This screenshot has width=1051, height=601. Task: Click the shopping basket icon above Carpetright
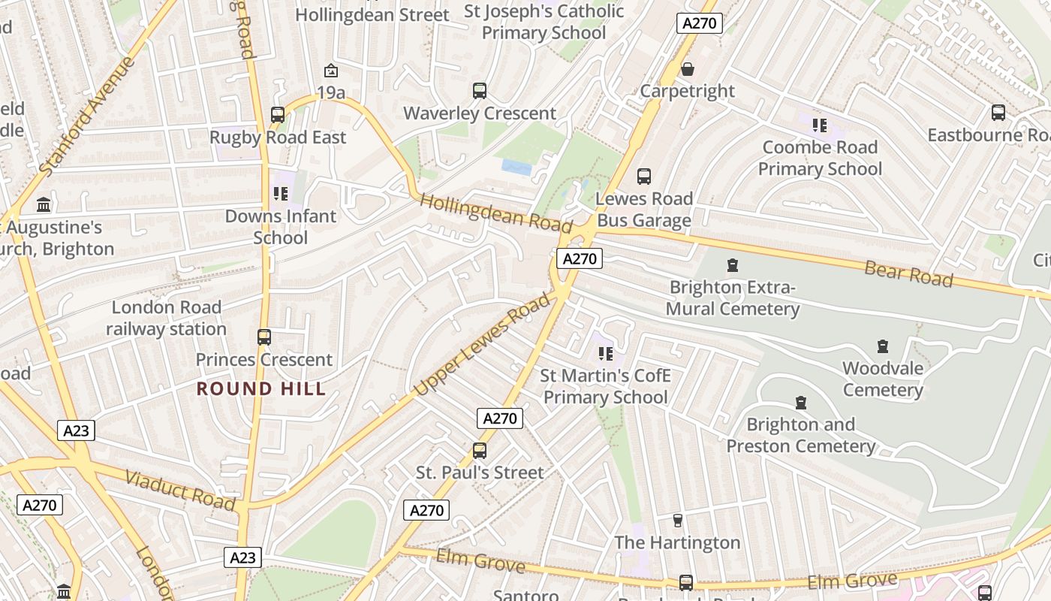click(x=687, y=70)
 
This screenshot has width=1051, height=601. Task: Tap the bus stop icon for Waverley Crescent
click(x=480, y=91)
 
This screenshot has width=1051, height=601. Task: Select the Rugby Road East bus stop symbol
click(x=278, y=115)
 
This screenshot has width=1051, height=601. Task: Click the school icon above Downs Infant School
click(x=281, y=194)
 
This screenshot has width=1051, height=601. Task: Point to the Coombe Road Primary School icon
click(x=819, y=125)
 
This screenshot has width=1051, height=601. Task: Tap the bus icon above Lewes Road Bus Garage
click(x=644, y=177)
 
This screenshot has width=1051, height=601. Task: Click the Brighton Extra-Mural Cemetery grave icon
click(x=733, y=265)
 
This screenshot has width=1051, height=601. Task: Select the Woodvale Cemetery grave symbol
click(x=883, y=346)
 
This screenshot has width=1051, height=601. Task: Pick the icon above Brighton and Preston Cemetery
click(x=801, y=403)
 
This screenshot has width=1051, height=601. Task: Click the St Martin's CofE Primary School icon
click(x=605, y=353)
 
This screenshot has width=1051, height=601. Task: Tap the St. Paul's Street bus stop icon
click(x=480, y=451)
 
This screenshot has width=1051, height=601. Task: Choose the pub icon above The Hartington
click(x=678, y=521)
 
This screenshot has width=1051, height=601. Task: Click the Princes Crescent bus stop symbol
click(x=264, y=337)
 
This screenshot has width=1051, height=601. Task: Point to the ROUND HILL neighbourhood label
click(x=261, y=388)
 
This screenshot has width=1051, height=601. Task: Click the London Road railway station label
click(x=166, y=318)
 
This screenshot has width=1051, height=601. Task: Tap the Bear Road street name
click(x=908, y=274)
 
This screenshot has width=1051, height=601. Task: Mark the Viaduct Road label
click(x=180, y=490)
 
